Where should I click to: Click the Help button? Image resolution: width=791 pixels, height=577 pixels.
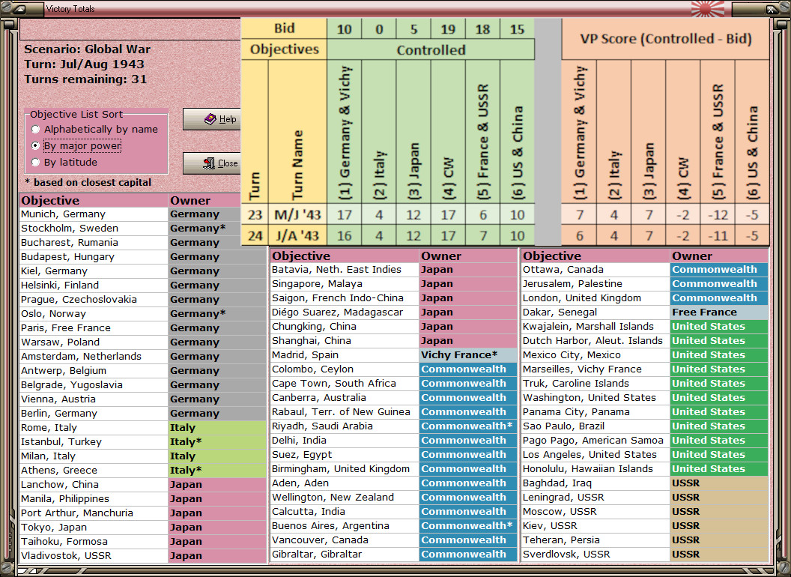tap(212, 119)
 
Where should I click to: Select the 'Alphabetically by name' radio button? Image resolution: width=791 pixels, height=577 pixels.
tap(35, 130)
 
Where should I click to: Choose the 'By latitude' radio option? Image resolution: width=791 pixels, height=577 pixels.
tap(35, 163)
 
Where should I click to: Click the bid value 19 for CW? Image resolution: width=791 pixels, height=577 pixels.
tap(448, 28)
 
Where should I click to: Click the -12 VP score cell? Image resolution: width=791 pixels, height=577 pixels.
tap(717, 214)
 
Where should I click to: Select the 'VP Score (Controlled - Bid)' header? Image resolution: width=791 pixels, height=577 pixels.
tap(666, 38)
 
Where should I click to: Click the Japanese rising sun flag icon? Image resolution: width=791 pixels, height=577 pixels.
tap(704, 9)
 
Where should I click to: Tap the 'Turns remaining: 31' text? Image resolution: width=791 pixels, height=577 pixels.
tap(85, 79)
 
